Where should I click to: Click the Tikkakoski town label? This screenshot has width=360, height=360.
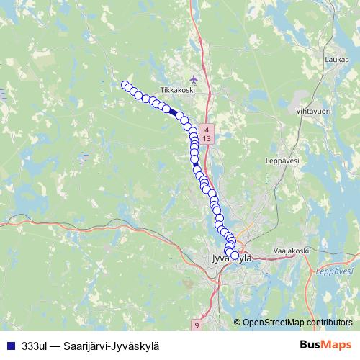pos(178,89)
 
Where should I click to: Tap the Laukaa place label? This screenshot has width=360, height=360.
pos(336,60)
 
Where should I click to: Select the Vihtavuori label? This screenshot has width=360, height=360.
pos(312,112)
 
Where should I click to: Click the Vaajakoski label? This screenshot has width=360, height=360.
pos(291,250)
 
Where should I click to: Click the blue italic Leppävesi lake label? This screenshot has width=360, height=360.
pos(335,271)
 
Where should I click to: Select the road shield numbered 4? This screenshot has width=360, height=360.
pos(207,128)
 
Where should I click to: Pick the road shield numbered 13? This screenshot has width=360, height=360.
pos(207,137)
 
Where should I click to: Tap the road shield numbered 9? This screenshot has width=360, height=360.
pos(197,325)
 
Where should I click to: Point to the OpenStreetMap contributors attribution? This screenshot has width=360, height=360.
pos(297,322)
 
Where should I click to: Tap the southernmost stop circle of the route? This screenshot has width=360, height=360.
pos(235,255)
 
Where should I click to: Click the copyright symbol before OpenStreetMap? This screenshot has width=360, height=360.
pos(238,322)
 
